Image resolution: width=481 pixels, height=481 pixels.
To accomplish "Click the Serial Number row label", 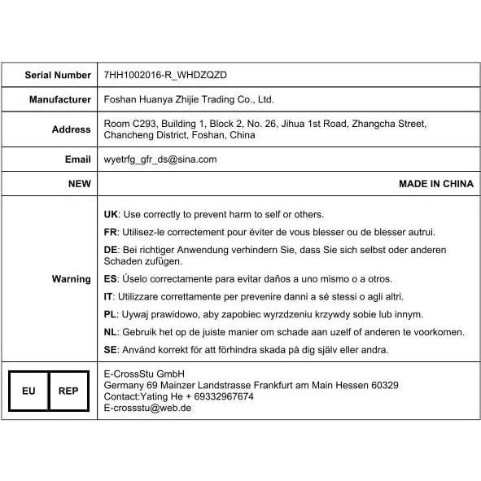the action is click(58, 75).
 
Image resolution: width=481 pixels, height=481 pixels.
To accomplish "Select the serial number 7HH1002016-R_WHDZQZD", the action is click(165, 75).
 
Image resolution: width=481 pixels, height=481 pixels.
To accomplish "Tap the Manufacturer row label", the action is click(60, 100).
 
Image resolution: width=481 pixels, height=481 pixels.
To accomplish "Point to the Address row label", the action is click(72, 129).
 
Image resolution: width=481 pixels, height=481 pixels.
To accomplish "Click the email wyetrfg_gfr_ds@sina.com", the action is click(160, 160).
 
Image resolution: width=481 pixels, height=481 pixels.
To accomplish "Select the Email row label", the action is click(78, 160).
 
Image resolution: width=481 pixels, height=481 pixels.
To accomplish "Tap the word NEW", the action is click(79, 184).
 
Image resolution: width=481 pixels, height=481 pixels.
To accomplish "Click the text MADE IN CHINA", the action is click(435, 184).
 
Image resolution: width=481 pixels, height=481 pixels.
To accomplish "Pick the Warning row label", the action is click(72, 279).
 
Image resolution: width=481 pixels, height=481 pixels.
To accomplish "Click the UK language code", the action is click(112, 214).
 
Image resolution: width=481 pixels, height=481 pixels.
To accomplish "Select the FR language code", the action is click(111, 232).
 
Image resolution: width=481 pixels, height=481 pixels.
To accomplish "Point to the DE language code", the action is click(112, 250).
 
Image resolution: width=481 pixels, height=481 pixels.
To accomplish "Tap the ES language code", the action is click(111, 279).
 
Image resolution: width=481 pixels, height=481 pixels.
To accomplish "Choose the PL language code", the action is click(111, 314).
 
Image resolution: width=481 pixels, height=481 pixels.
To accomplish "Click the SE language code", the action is click(111, 350).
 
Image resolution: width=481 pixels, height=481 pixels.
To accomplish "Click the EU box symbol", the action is click(28, 391).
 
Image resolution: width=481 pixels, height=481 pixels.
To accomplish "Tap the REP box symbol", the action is click(68, 391).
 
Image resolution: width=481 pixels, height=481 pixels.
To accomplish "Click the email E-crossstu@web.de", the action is click(148, 408).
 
